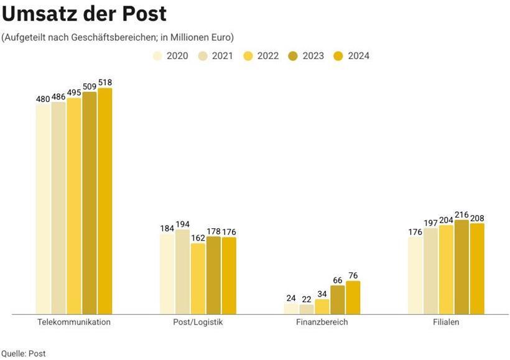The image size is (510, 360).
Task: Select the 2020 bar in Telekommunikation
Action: point(43,209)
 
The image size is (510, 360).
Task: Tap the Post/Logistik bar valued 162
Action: point(198,279)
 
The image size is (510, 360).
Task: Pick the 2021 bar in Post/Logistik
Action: point(183,272)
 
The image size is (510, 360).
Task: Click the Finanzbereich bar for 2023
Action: point(338,300)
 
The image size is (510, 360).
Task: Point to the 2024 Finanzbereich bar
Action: point(353,297)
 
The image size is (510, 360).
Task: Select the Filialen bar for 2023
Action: point(461,267)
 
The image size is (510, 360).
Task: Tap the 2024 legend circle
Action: point(339,56)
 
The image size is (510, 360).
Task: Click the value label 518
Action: point(105,82)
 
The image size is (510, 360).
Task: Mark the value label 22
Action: point(307,299)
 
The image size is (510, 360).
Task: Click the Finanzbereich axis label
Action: point(322,322)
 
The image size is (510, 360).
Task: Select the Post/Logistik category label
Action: point(198,322)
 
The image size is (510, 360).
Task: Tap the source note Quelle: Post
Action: point(24,353)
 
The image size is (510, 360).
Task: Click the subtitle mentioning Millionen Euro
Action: point(118,37)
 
